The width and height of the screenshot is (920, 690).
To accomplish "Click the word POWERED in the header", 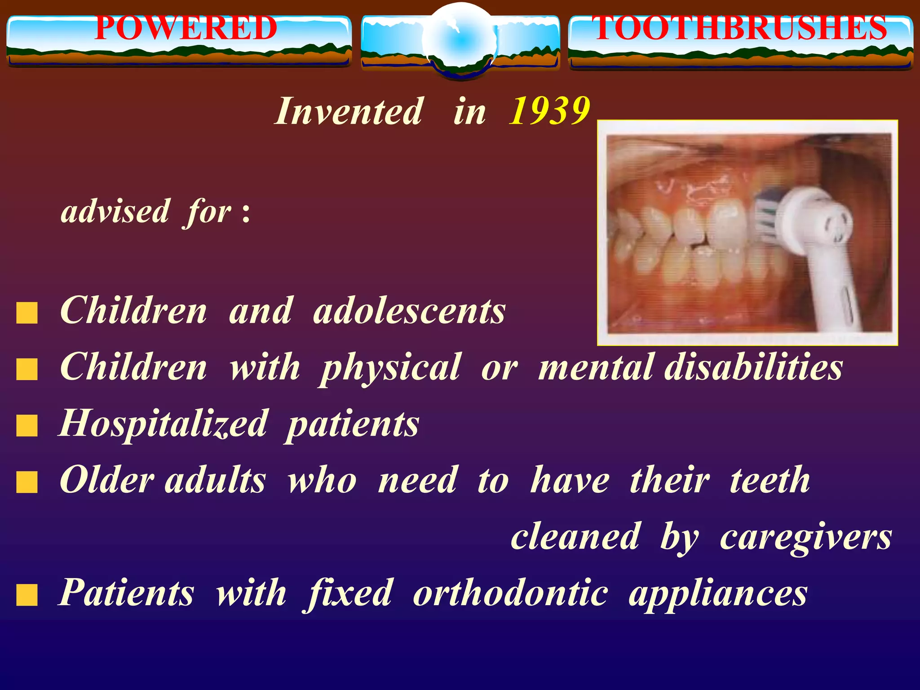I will point(186,28).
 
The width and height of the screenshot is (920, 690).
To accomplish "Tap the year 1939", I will point(549,111).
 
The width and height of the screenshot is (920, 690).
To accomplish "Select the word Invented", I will point(349,111).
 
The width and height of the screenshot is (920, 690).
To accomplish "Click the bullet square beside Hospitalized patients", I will point(27,426).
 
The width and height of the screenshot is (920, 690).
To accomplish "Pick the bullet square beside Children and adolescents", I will point(27,313).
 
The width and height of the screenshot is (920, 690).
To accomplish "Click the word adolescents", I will point(409,311).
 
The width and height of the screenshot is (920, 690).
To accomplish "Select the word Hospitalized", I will point(164,424).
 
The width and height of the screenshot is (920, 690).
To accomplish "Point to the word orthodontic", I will point(510,593).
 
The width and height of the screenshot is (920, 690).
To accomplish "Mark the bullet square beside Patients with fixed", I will point(27,595).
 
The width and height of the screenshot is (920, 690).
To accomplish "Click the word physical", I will point(390,368).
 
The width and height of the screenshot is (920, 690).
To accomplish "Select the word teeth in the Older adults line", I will point(770,480).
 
